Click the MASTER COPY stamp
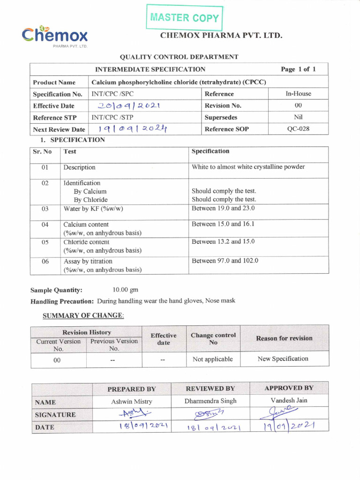click(184, 18)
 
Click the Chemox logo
click(54, 36)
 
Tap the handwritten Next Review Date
click(133, 129)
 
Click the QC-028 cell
click(298, 129)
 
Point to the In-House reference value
click(298, 94)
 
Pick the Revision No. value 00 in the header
click(298, 105)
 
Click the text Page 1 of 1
click(298, 69)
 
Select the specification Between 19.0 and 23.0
click(223, 208)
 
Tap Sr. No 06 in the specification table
click(45, 262)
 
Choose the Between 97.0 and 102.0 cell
click(225, 261)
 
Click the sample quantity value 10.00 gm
click(126, 290)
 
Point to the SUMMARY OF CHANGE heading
click(83, 316)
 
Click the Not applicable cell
click(213, 359)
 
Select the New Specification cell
click(283, 359)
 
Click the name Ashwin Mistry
click(132, 402)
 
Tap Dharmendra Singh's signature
click(210, 413)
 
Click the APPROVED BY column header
click(289, 388)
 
